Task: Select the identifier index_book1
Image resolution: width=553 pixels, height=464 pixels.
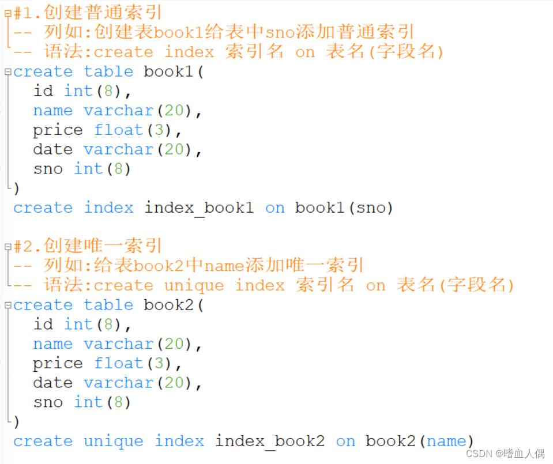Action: [198, 208]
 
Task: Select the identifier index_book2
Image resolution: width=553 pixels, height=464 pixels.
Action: [269, 442]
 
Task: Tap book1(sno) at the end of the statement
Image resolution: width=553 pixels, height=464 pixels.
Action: [344, 208]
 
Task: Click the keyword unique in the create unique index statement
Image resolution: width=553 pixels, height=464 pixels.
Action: [113, 442]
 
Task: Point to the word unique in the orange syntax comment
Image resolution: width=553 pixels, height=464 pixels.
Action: [194, 285]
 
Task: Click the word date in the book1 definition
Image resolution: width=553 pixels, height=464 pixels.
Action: [52, 149]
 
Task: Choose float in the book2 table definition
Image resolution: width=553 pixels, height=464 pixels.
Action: [118, 364]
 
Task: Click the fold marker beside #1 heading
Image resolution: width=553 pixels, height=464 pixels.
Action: [7, 12]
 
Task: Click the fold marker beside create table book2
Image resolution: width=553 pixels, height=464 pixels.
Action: [7, 305]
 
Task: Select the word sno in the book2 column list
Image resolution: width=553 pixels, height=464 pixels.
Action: [48, 402]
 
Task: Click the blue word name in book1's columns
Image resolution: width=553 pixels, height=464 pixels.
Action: [52, 111]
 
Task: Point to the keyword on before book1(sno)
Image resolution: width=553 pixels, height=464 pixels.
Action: [274, 208]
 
